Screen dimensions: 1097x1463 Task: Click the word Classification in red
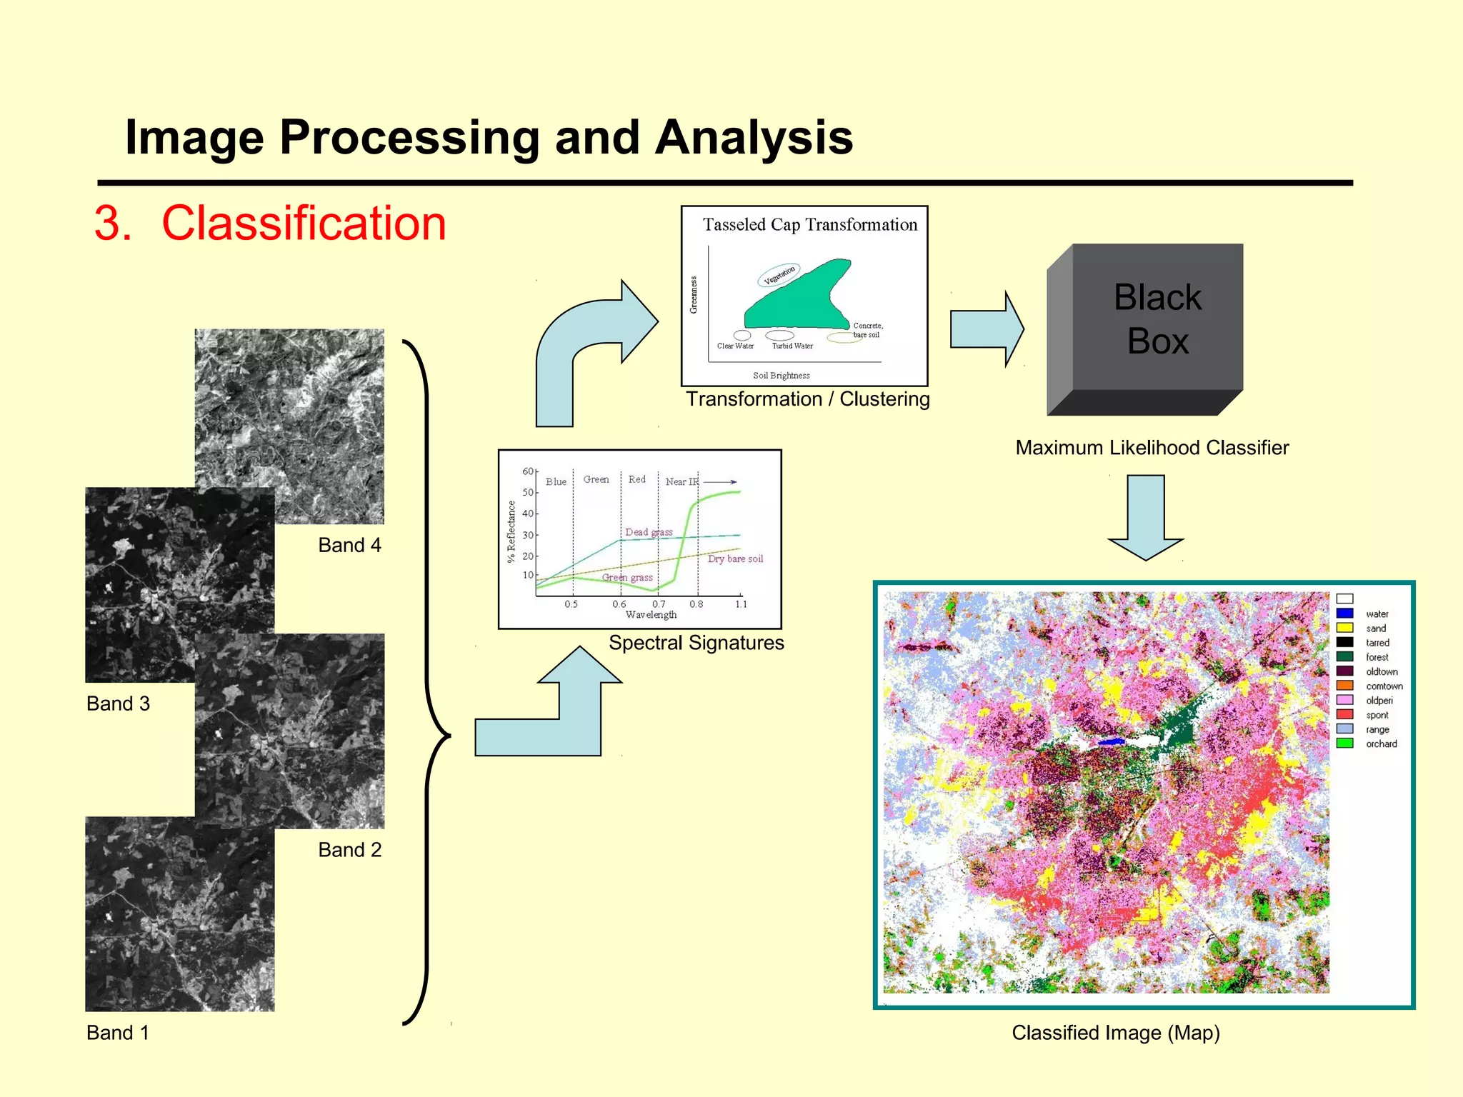coord(304,224)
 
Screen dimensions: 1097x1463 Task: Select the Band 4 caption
coord(349,546)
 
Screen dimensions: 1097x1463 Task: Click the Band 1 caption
coord(118,1033)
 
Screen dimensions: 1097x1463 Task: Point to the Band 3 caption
coord(118,704)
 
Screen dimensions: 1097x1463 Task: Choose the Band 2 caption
coord(349,850)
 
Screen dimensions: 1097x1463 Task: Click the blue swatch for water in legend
coord(1344,613)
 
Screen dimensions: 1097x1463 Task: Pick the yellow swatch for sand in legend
coord(1344,628)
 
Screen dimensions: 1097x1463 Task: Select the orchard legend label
coord(1381,744)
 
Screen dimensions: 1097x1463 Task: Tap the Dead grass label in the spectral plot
coord(649,532)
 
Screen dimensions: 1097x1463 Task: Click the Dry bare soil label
coord(735,559)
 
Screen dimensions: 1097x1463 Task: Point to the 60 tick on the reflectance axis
coord(528,471)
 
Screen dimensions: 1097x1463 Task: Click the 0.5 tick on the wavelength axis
coord(571,604)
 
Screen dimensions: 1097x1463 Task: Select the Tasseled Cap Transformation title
coord(809,225)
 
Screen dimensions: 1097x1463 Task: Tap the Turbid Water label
coord(792,346)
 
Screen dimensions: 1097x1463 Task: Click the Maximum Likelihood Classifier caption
coord(1152,448)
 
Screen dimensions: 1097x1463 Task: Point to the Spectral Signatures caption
coord(696,643)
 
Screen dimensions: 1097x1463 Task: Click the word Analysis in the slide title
coord(754,137)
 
